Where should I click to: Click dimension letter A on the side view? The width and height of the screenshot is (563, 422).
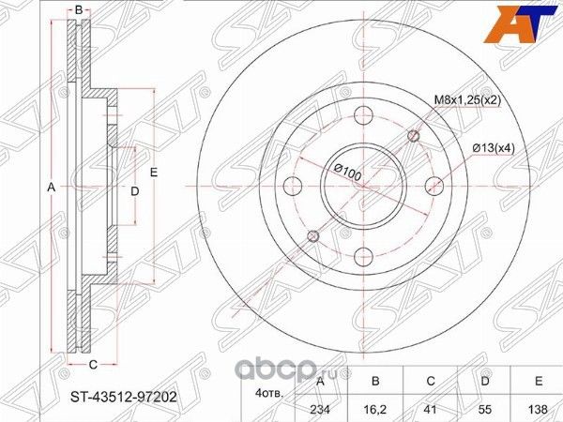pos(52,188)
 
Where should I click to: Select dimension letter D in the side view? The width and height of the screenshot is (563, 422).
pos(134,190)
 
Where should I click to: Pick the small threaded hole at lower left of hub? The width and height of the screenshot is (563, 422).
pos(312,234)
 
